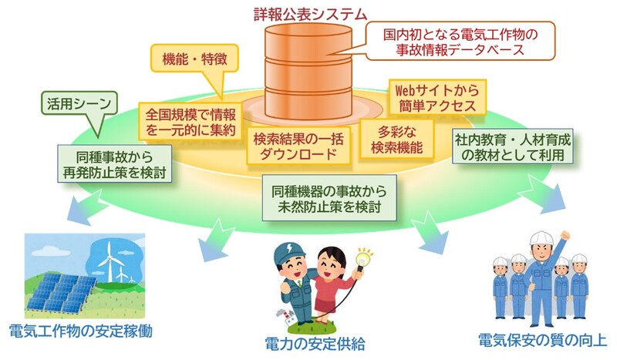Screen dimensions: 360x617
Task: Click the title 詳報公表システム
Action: tap(311, 13)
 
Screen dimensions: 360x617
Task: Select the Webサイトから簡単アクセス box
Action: tap(438, 96)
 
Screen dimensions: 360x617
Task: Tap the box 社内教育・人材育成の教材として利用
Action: tap(514, 146)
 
